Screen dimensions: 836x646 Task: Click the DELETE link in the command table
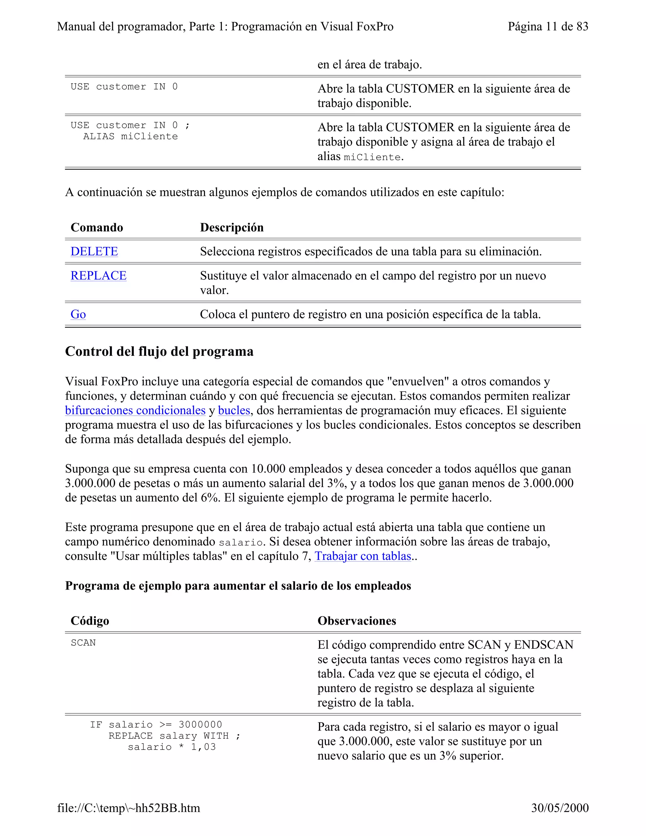(94, 251)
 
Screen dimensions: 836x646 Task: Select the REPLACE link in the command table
(98, 276)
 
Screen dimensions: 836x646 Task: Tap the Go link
(78, 314)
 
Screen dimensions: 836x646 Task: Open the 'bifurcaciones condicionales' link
(135, 410)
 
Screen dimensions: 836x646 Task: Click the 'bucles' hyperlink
(234, 410)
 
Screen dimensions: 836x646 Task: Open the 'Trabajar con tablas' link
(363, 556)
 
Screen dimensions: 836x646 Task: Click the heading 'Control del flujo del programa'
(159, 351)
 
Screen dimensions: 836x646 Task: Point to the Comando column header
(97, 227)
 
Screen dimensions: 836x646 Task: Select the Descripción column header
(232, 227)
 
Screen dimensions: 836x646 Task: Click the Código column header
(90, 621)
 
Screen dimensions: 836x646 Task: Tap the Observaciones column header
(357, 621)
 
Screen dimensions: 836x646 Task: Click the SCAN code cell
(83, 643)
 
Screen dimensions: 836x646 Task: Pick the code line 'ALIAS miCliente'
(131, 137)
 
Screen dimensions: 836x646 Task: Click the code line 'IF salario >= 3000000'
(156, 725)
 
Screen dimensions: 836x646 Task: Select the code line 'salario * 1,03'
(172, 747)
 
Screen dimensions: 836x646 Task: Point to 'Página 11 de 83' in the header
(548, 26)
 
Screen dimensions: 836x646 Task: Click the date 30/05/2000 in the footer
(560, 808)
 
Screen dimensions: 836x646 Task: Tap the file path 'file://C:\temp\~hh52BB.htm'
(129, 808)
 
